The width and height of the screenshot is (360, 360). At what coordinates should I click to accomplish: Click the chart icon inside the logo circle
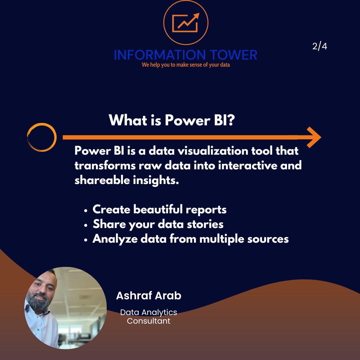[186, 22]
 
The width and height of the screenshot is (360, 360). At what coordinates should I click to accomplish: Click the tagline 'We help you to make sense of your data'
[186, 65]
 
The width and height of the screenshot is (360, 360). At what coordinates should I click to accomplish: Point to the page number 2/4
[320, 46]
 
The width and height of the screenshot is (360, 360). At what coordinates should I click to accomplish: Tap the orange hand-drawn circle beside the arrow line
[42, 137]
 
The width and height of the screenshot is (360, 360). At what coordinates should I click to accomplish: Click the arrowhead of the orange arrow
[313, 137]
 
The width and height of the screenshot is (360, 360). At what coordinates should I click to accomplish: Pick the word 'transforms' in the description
[101, 165]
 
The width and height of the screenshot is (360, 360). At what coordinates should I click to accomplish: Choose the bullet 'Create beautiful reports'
[159, 209]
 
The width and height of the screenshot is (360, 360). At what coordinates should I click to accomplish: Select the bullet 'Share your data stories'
[158, 224]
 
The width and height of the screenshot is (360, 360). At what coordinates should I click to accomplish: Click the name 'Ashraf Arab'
[149, 295]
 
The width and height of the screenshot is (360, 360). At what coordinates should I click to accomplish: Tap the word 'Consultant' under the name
[149, 321]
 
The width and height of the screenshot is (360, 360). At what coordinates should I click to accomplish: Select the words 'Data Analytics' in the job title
[149, 312]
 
